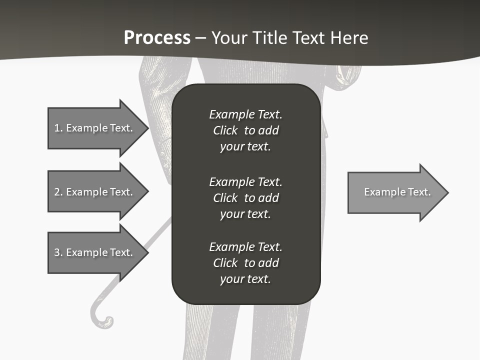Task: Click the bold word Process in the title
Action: pos(157,38)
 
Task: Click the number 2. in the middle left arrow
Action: pos(58,192)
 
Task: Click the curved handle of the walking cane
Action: pos(100,320)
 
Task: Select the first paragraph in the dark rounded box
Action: pos(245,130)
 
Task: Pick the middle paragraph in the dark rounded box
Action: pos(245,198)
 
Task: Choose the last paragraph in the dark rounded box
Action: pos(245,263)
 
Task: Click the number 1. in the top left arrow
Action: pos(58,128)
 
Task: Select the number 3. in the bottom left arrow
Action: pos(58,252)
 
